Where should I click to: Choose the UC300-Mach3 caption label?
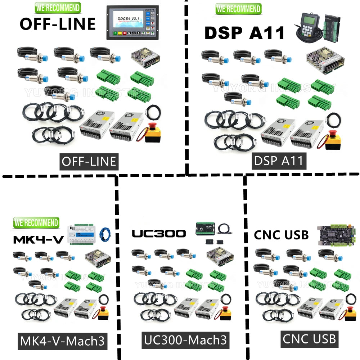(x=185, y=340)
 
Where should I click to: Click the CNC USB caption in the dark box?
(x=309, y=339)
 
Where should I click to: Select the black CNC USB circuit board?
(x=334, y=235)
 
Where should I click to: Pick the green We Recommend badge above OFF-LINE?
(x=58, y=8)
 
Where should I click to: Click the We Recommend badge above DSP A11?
(x=238, y=9)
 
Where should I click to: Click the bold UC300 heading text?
(x=159, y=234)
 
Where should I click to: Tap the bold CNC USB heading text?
(x=281, y=235)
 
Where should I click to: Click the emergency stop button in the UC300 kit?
(x=225, y=312)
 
